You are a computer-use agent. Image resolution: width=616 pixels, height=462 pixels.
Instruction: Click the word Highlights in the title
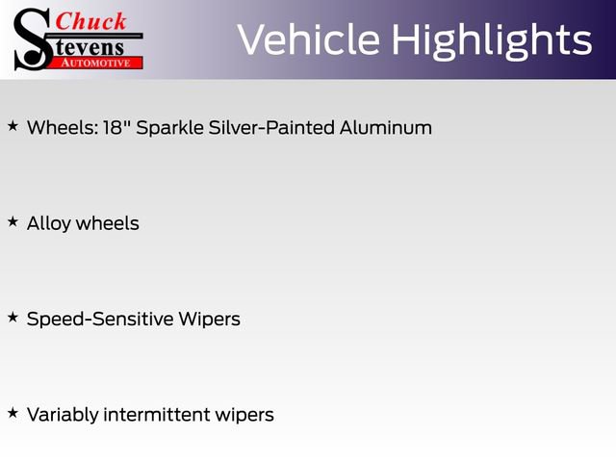pos(490,40)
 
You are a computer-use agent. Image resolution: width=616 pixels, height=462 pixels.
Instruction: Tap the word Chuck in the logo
pos(90,20)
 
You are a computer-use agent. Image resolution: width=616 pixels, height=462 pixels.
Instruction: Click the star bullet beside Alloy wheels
pos(13,221)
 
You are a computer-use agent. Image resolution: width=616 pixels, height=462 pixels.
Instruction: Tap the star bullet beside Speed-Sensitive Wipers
pos(13,317)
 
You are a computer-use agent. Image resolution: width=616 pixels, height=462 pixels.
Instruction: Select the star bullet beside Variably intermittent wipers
pos(13,413)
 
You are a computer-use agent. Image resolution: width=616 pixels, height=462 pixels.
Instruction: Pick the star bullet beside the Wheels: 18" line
pos(13,125)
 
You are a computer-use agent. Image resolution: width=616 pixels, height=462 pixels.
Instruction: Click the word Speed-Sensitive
pos(100,319)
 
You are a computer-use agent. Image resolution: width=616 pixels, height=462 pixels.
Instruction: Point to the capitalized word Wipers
pos(209,319)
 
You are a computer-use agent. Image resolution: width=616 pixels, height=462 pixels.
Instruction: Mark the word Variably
pos(62,415)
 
